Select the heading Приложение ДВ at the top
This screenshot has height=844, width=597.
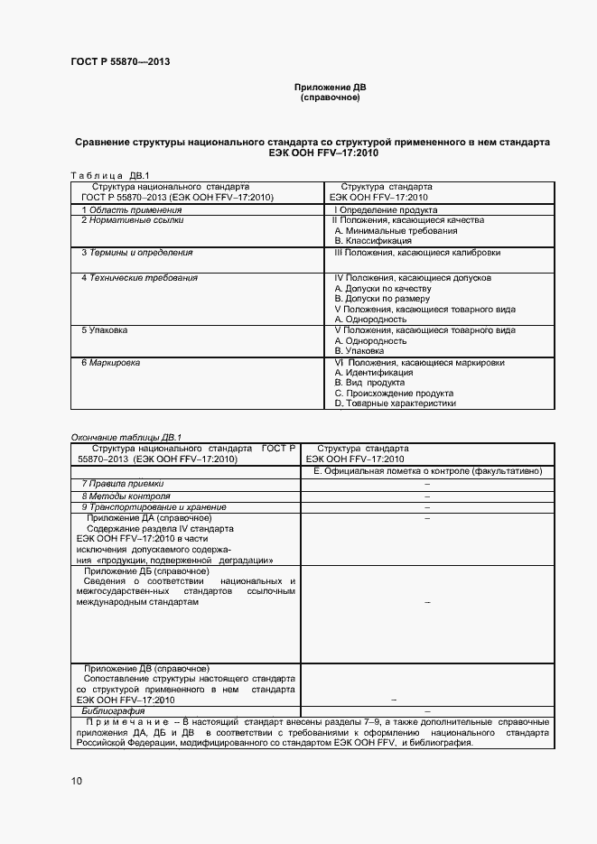[x=330, y=88]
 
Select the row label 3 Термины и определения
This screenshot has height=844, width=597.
[x=136, y=253]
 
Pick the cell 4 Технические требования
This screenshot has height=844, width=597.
[x=139, y=278]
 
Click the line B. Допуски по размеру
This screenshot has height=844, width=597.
[x=382, y=298]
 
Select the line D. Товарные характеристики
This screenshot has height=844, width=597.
[x=395, y=403]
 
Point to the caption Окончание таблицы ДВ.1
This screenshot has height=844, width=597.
[x=126, y=437]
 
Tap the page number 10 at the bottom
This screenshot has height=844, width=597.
[x=77, y=781]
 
